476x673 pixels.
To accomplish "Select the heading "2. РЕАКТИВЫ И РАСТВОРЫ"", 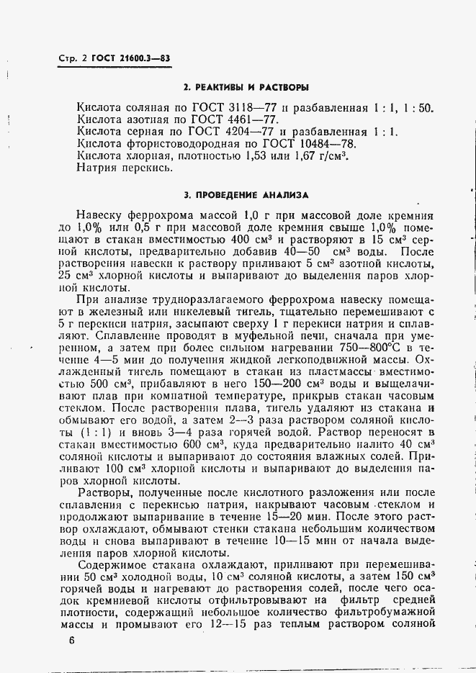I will point(246,87).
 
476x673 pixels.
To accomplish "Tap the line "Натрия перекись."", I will point(125,168).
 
